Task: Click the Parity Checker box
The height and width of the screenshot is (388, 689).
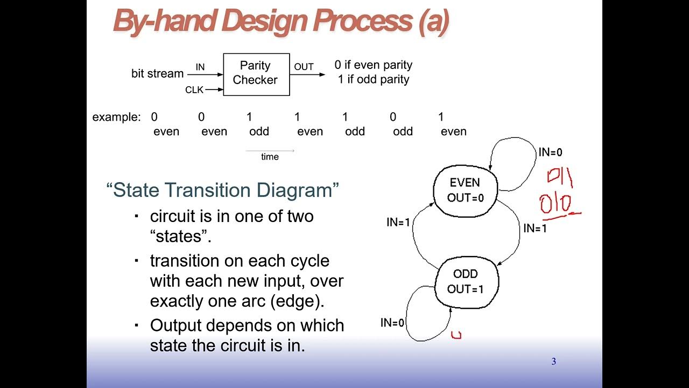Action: coord(256,74)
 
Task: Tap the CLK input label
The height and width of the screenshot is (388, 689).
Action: coord(194,90)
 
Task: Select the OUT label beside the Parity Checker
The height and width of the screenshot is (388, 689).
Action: coord(304,67)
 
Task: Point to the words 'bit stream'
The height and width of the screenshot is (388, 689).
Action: coord(157,74)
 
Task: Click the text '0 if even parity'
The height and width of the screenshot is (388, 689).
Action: coord(373,65)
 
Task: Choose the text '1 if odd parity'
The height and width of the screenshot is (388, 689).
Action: coord(373,79)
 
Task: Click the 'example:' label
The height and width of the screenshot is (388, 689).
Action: coord(116,117)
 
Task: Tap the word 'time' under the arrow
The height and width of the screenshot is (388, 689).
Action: coord(270,157)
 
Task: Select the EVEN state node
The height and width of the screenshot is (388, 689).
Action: coord(466,190)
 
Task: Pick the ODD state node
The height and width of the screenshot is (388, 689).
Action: coord(466,281)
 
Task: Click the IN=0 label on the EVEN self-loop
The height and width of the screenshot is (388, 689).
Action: coord(550,153)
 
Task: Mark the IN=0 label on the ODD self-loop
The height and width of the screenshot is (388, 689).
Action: coord(392,323)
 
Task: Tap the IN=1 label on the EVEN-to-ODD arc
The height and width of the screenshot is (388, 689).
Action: coord(535,228)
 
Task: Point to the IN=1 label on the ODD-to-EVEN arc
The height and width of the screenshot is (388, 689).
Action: coord(398,222)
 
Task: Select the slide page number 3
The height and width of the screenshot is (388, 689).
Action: coord(553,362)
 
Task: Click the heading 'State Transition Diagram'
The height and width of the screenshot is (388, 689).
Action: coord(223,191)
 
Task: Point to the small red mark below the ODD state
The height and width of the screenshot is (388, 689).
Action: coord(456,335)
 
